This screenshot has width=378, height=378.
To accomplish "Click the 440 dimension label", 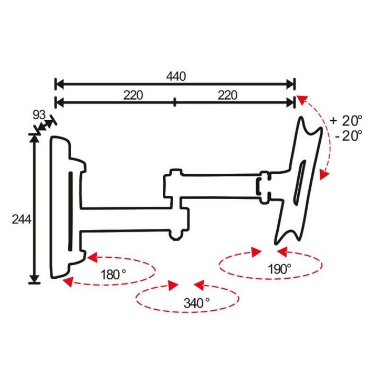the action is click(176, 77).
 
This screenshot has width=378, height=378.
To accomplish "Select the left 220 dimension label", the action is click(133, 95).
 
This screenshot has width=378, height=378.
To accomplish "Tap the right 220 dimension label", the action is click(227, 95).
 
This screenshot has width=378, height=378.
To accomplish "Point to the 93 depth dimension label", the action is click(39, 115).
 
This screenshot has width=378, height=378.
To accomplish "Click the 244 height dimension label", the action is click(22, 219).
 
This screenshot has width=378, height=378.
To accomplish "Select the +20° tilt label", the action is click(346, 121).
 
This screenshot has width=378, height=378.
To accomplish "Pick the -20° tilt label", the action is click(349, 136).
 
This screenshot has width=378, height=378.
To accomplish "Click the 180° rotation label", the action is click(113, 275).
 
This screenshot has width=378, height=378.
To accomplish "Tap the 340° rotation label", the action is click(196, 303).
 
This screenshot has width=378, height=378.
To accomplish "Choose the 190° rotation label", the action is click(280, 269).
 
